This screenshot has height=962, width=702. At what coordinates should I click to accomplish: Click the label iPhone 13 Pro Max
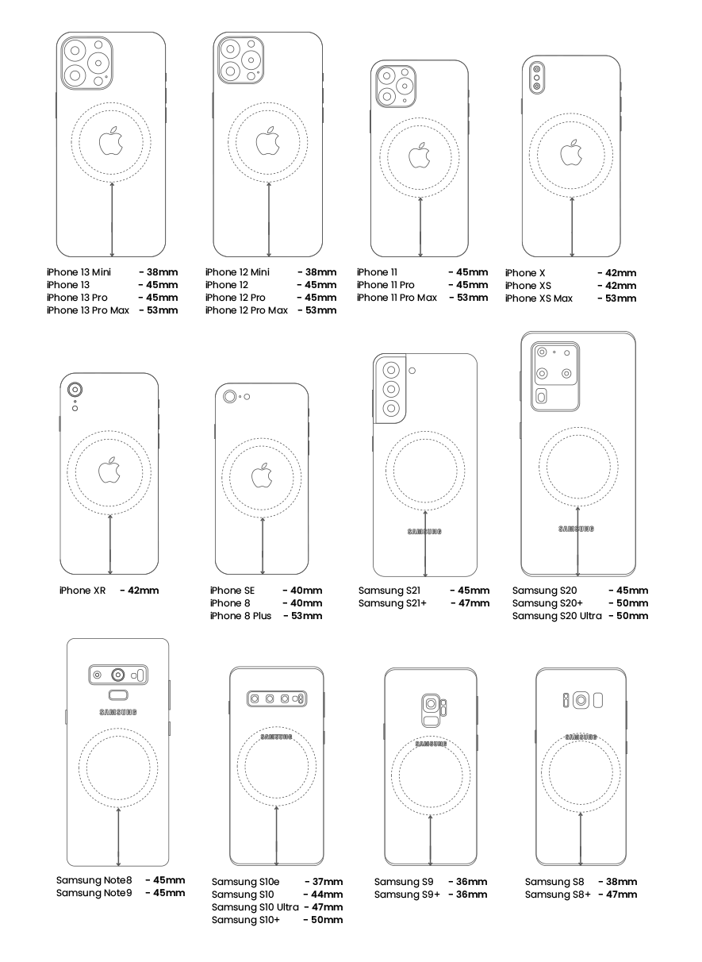pos(88,310)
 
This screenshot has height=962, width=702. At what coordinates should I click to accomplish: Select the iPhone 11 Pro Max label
pos(397,298)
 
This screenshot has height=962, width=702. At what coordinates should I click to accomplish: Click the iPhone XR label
pos(82,591)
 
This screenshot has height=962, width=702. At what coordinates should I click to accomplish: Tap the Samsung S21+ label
pos(393,603)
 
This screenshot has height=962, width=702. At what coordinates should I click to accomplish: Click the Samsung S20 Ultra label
pos(557,616)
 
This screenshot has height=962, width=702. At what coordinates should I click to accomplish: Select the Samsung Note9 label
pos(94,893)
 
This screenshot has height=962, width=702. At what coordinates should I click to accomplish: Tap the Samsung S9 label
pos(404,882)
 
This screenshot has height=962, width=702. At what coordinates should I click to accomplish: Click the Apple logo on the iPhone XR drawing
pos(109,470)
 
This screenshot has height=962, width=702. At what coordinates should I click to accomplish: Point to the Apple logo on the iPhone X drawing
pos(572,152)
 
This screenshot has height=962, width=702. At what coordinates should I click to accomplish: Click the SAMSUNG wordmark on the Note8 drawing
pos(118,712)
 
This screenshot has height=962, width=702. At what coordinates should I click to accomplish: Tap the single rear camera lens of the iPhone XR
pos(75,390)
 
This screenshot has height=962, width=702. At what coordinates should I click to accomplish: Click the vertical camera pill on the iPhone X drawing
pos(536,78)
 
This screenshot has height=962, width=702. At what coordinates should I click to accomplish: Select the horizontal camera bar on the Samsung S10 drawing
pos(277,698)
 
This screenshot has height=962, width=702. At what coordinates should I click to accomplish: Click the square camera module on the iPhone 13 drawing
pos(87,63)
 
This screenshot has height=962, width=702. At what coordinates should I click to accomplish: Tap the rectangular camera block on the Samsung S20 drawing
pos(555,377)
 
